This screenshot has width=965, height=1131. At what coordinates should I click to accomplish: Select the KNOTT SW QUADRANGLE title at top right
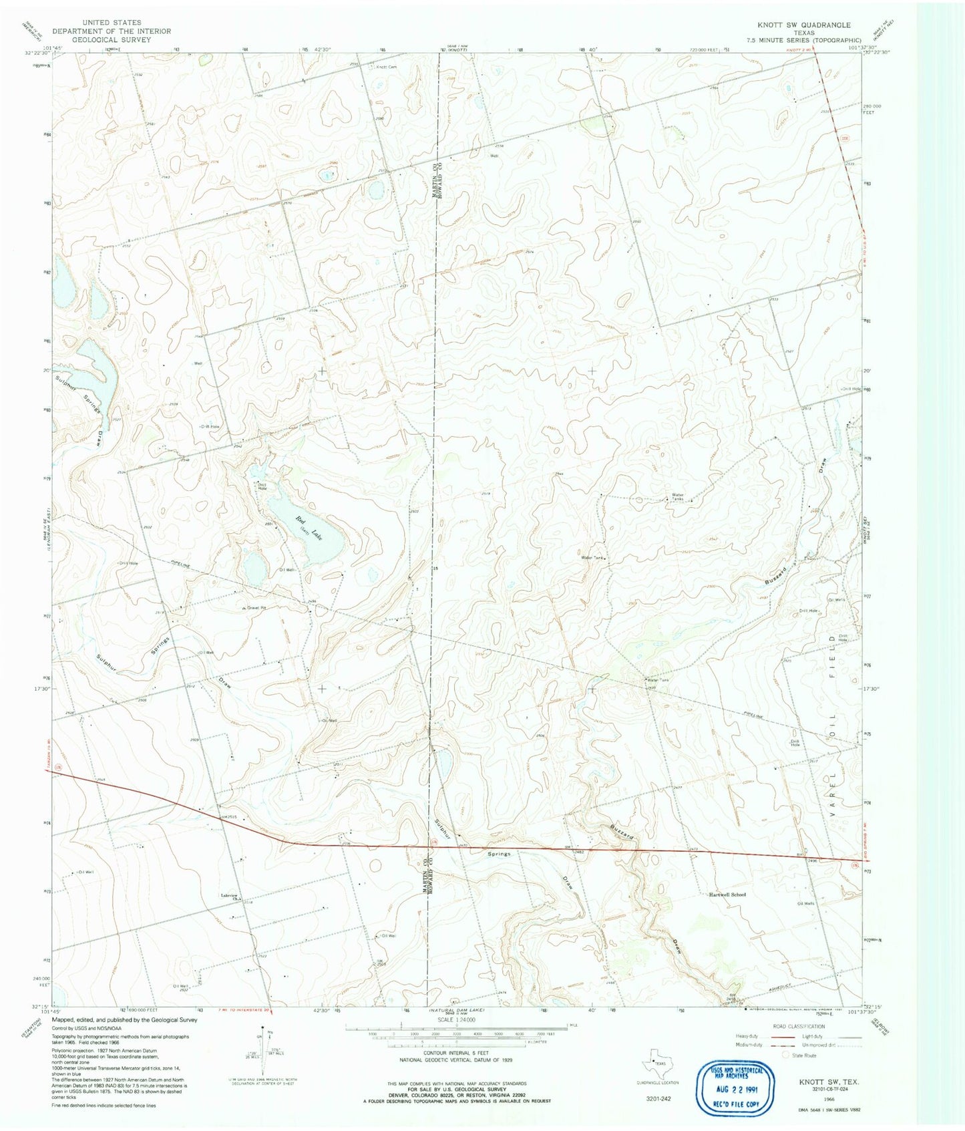(799, 25)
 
